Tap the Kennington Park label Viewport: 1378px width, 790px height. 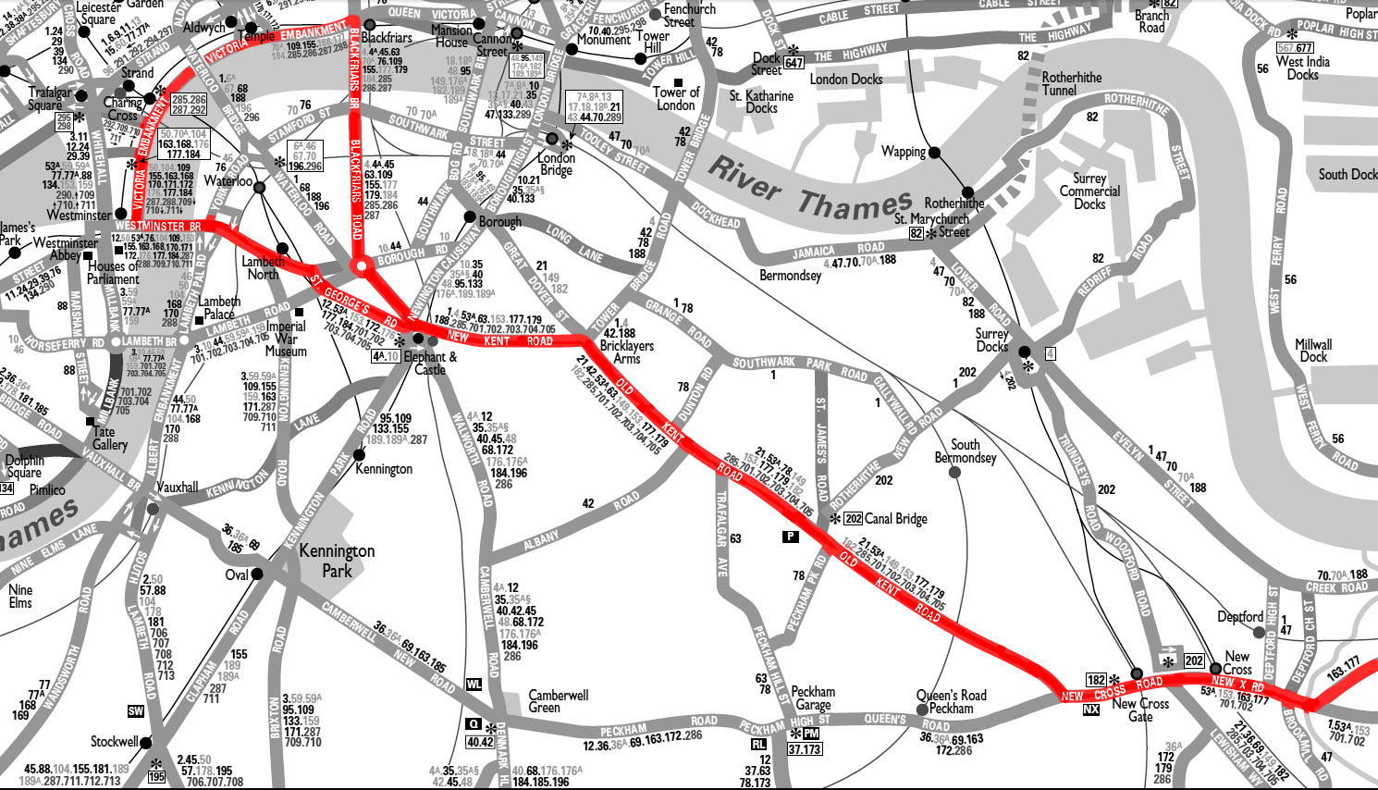coord(337,561)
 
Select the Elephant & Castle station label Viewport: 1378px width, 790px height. coord(430,363)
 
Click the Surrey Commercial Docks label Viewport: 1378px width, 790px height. coord(1089,191)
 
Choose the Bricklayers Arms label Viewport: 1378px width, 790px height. coord(626,352)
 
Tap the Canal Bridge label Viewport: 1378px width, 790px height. coord(895,518)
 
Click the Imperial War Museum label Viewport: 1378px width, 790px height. coord(286,339)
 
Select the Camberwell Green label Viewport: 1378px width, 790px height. coord(558,700)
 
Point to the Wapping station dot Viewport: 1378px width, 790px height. coord(935,153)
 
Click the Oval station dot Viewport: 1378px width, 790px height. coord(257,574)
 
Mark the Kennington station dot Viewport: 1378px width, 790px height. coord(359,455)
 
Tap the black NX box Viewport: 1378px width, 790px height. coord(1091,710)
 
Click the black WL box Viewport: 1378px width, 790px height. coord(474,685)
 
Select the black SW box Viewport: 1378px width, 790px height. coord(136,710)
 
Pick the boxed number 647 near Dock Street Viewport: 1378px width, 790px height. coord(794,63)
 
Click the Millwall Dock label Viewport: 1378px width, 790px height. coord(1313,350)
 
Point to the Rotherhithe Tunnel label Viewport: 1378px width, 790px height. coord(1072,83)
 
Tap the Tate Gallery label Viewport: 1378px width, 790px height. coord(110,438)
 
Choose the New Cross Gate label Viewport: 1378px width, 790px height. coord(1140,710)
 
